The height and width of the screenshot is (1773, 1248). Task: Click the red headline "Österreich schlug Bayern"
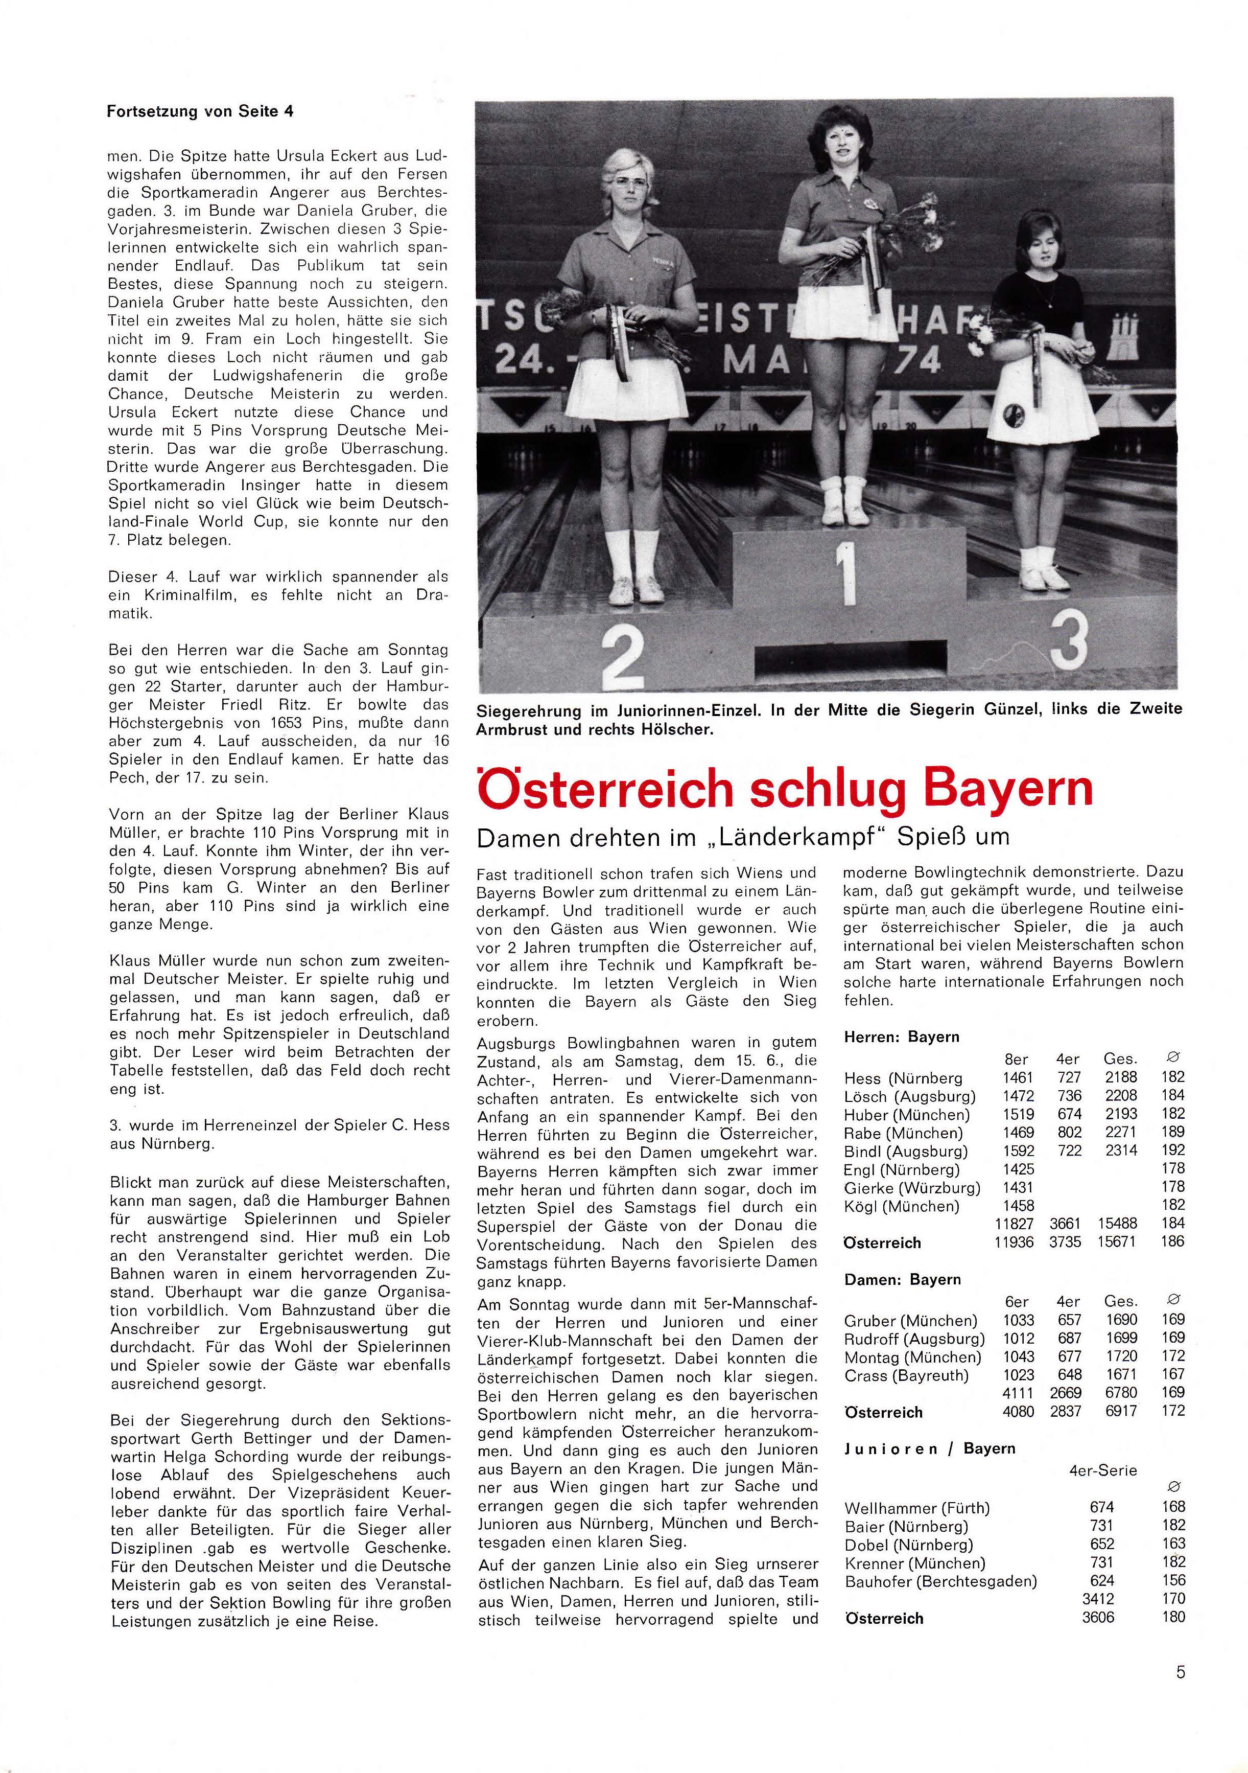pos(785,789)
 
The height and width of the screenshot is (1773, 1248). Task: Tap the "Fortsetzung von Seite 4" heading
pos(200,111)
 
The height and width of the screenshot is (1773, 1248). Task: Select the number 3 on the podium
pos(1069,639)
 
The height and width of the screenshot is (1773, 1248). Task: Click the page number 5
pos(1180,1673)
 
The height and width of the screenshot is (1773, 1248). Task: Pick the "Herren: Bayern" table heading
pos(902,1037)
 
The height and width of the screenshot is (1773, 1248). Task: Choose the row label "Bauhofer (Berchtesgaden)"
pos(941,1581)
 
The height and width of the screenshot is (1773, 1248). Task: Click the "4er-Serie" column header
pos(1103,1470)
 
